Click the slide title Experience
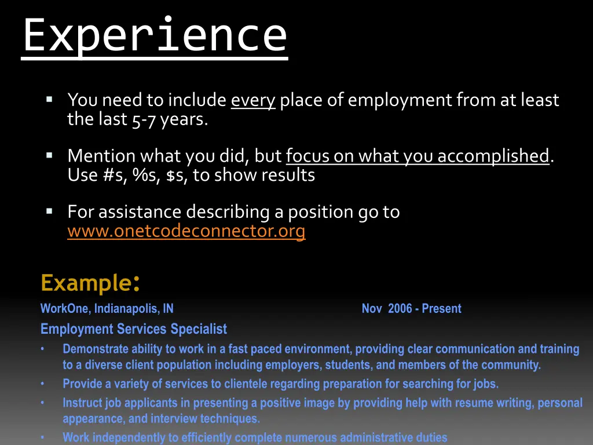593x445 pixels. pyautogui.click(x=155, y=36)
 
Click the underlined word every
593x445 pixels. pyautogui.click(x=252, y=100)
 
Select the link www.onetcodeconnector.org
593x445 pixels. pyautogui.click(x=186, y=231)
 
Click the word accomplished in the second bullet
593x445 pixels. pyautogui.click(x=493, y=156)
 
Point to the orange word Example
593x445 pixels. pyautogui.click(x=86, y=283)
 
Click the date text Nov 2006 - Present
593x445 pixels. pyautogui.click(x=411, y=309)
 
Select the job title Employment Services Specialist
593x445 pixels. pyautogui.click(x=134, y=329)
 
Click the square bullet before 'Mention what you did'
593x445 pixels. pyautogui.click(x=49, y=155)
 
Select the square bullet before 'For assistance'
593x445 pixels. pyautogui.click(x=49, y=211)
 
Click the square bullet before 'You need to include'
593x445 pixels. pyautogui.click(x=49, y=100)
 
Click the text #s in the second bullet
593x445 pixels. pyautogui.click(x=111, y=175)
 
